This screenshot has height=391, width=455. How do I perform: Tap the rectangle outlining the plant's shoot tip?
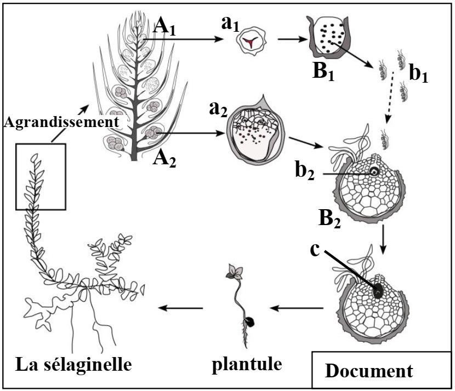(x=41, y=176)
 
